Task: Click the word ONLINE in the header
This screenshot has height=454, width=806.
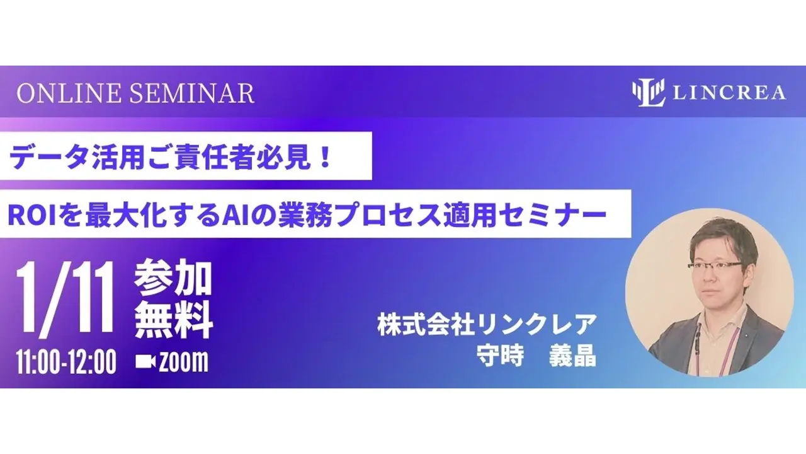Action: [x=69, y=93]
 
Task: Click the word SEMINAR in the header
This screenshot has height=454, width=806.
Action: [x=192, y=93]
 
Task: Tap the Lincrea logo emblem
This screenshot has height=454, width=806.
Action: [x=649, y=93]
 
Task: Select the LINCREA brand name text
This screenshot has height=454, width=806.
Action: [x=729, y=93]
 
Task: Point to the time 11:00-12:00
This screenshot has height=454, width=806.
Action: [x=66, y=362]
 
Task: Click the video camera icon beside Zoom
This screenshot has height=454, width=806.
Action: [x=145, y=361]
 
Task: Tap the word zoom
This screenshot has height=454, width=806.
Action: [x=183, y=362]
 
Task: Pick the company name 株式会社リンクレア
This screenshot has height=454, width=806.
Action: [x=487, y=325]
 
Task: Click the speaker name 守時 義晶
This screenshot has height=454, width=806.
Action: [x=536, y=356]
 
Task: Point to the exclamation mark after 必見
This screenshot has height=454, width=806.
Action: [x=326, y=157]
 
